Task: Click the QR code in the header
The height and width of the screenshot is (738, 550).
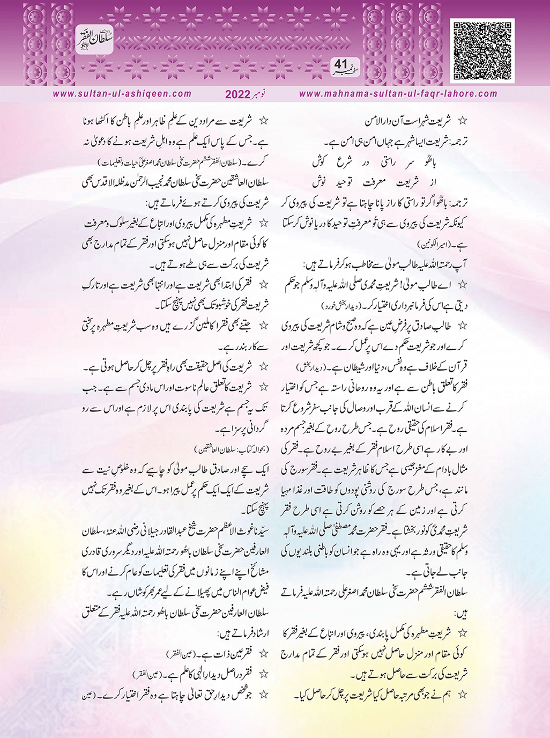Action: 484,50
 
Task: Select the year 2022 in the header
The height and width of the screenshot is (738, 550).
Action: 237,95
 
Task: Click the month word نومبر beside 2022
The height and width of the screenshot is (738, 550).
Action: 264,94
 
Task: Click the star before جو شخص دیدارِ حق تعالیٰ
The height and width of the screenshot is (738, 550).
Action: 263,695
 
